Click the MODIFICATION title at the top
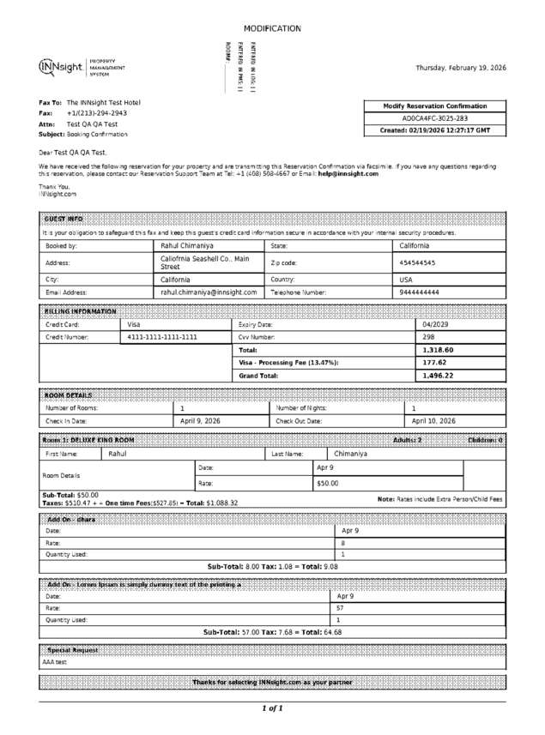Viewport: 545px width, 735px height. [x=272, y=28]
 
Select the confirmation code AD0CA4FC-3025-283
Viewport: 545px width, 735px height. [x=435, y=118]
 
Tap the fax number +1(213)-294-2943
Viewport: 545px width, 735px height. [x=97, y=113]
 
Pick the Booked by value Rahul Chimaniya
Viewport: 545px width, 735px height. [x=188, y=246]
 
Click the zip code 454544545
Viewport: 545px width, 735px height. [x=418, y=263]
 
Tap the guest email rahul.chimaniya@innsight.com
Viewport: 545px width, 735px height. [x=209, y=292]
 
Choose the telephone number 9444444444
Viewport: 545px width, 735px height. [x=420, y=292]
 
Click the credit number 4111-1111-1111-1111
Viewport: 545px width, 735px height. [x=162, y=338]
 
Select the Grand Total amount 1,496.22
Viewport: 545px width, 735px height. [x=438, y=376]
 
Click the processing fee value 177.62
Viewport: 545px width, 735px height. [x=434, y=363]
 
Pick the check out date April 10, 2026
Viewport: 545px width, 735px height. [x=433, y=421]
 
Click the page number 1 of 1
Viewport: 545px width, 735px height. [x=272, y=708]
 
